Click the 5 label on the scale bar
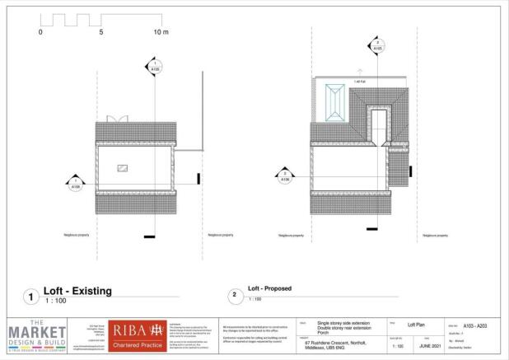(101, 32)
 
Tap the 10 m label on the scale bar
(161, 32)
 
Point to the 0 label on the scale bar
(40, 32)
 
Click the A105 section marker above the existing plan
(154, 67)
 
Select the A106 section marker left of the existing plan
(75, 183)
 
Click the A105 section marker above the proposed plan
(377, 45)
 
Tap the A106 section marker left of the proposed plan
(285, 175)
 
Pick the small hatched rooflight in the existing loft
(123, 168)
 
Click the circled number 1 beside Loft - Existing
(30, 296)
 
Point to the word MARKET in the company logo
(37, 332)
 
